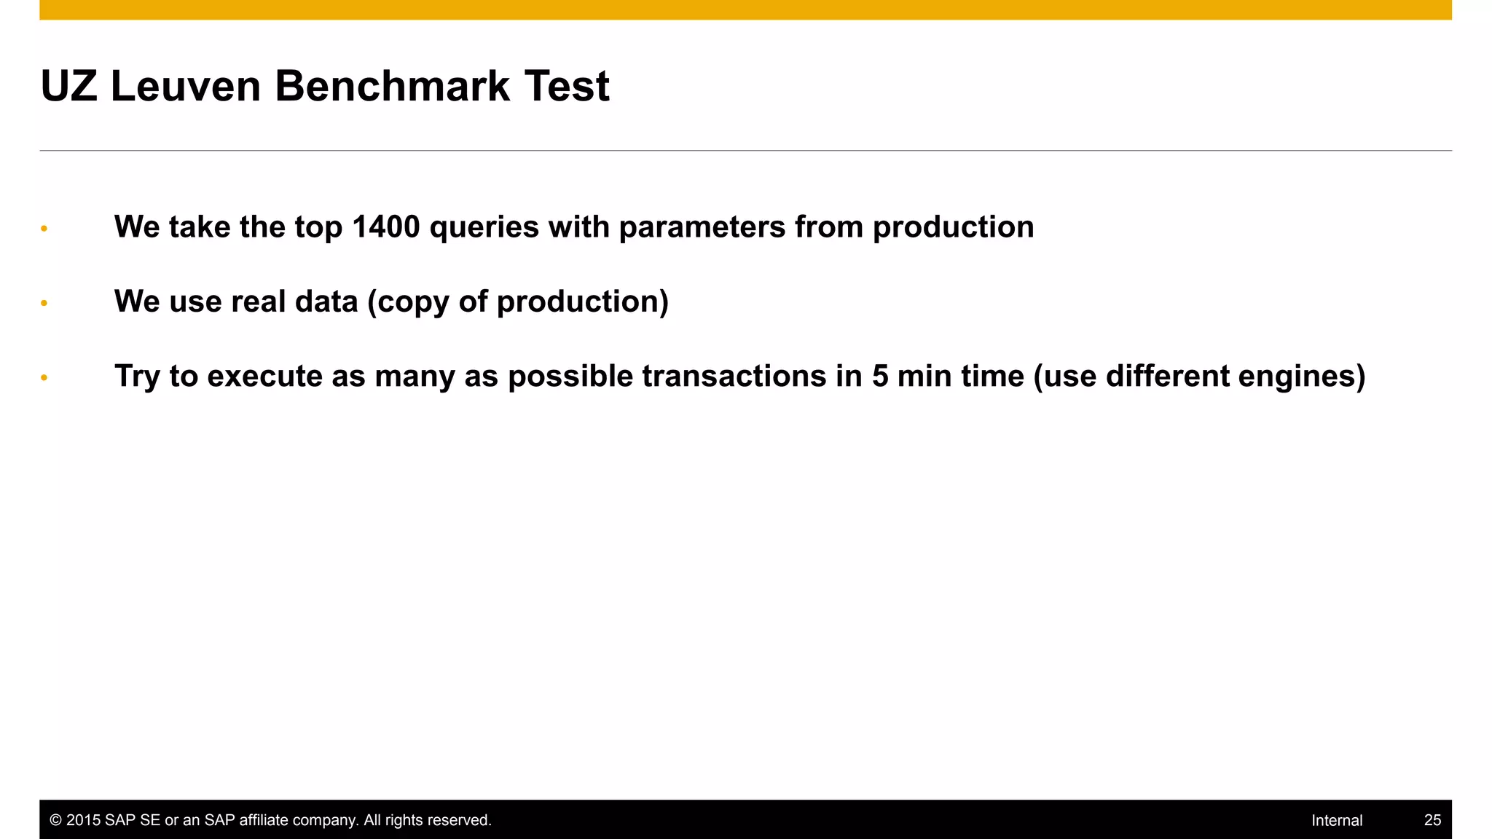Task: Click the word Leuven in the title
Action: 185,86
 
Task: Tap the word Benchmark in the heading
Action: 392,86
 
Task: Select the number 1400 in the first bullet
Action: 385,227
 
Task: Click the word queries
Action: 484,227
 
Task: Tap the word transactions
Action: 734,377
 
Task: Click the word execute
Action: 264,377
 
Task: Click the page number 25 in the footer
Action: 1432,820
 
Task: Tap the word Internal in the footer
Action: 1337,820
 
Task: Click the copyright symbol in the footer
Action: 55,820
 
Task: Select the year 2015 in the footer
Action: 83,820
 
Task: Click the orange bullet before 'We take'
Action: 44,229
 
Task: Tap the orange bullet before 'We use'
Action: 44,303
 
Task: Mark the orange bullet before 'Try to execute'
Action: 44,377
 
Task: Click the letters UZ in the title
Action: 69,86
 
